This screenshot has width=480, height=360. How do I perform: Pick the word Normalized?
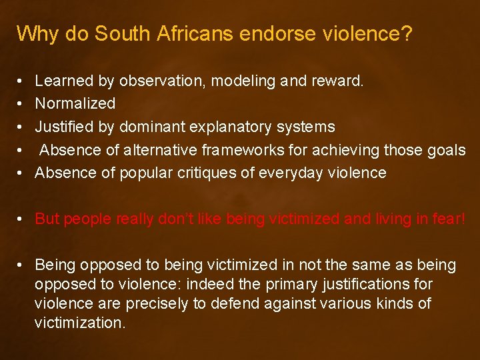75,104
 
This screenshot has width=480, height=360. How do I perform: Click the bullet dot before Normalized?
21,104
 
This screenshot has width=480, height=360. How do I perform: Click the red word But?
47,219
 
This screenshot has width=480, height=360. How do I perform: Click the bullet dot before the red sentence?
21,219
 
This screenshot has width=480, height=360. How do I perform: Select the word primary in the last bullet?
294,285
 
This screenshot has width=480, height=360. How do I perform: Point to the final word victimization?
80,323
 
